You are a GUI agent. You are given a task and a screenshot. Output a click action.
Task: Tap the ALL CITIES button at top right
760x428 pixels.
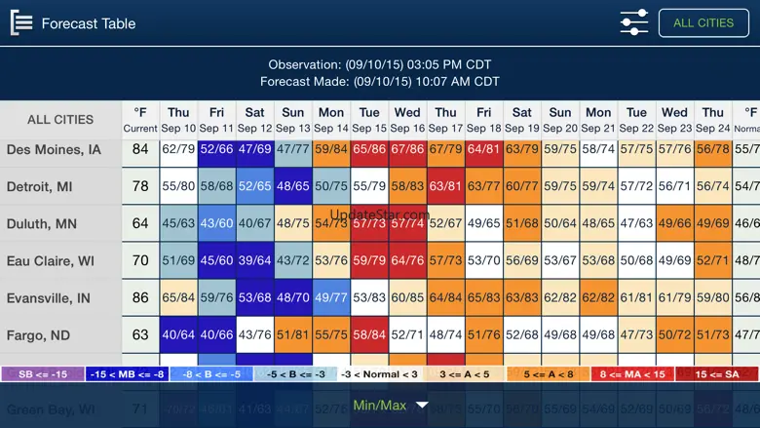[703, 22]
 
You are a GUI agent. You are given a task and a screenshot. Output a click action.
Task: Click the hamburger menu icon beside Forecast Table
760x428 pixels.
[20, 23]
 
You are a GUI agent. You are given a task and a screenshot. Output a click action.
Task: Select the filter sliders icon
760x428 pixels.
[633, 22]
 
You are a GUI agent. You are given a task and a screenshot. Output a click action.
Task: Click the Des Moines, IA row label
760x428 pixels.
[55, 149]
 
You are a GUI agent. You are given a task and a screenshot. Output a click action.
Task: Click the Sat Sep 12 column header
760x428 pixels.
[254, 120]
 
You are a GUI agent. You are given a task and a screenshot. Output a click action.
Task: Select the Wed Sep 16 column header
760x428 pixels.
[407, 120]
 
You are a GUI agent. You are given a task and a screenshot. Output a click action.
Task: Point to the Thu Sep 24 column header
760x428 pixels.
[713, 120]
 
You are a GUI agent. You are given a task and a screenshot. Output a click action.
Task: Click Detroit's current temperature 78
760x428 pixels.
[140, 186]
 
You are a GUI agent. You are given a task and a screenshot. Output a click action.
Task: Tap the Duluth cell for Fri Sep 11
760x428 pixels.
[216, 223]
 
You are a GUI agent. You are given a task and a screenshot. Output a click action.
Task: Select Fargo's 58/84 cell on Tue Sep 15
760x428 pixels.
[369, 335]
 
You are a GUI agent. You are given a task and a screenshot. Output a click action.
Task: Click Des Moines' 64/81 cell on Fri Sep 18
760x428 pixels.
[484, 149]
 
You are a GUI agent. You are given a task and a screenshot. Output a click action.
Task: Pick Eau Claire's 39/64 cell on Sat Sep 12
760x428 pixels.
[254, 261]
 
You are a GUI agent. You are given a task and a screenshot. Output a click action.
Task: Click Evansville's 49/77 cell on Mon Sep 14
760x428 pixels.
[331, 298]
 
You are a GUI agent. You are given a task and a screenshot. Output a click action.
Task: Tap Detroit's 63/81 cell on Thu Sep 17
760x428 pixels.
[445, 186]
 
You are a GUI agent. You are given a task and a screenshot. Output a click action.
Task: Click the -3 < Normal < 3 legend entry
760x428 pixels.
[379, 374]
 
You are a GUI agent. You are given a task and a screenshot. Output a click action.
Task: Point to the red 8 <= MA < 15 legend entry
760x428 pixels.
[632, 374]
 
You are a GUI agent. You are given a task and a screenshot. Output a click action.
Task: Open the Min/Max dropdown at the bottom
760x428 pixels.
[390, 406]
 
